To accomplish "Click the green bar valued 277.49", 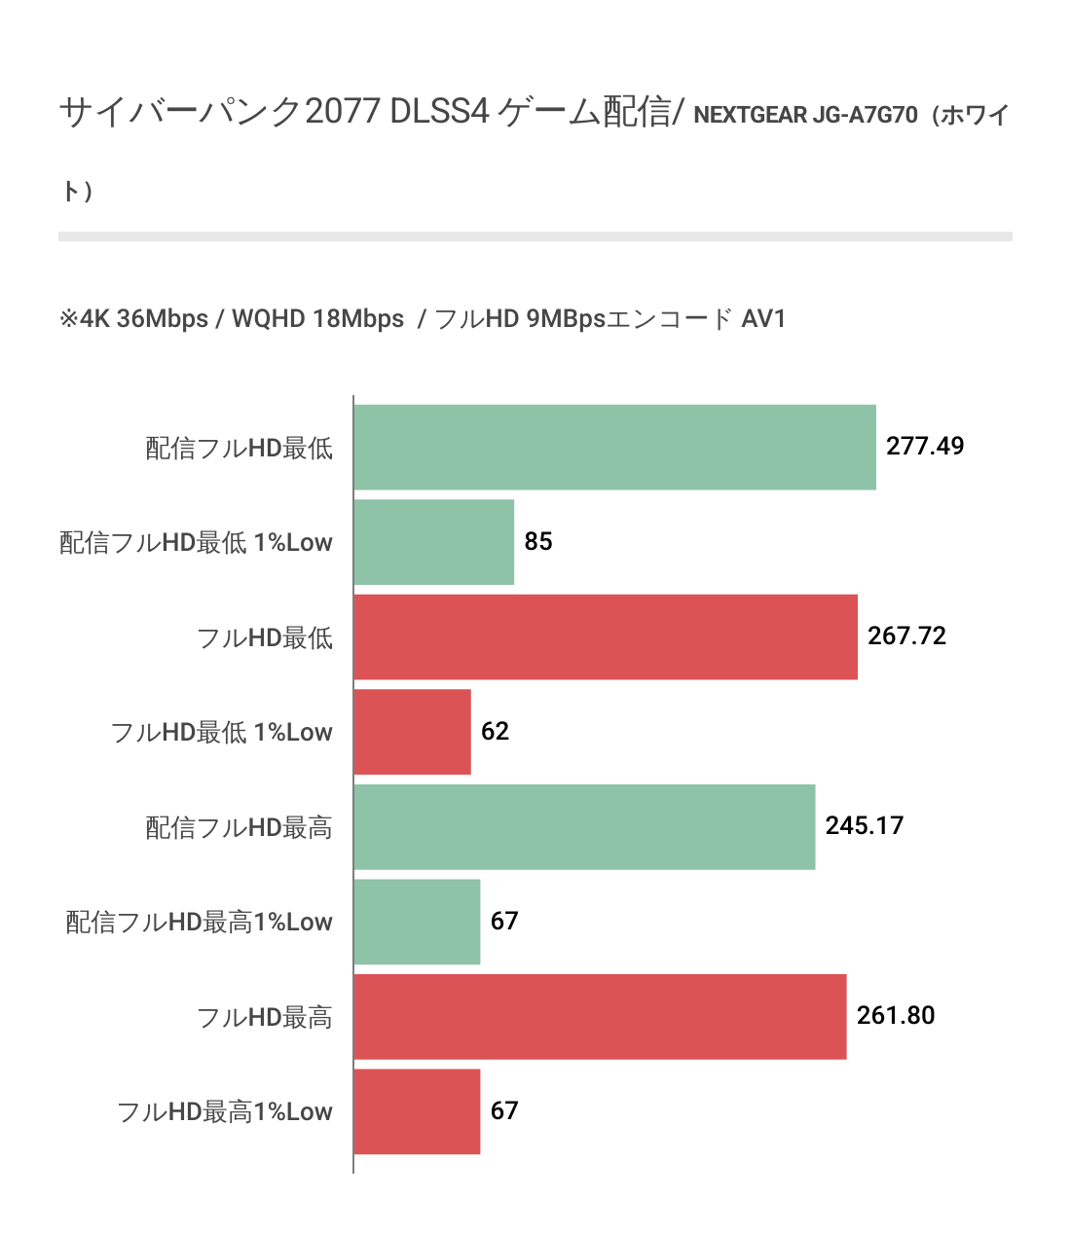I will (x=614, y=448).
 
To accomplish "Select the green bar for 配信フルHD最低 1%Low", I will (x=433, y=542).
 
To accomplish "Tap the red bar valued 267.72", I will (x=606, y=637).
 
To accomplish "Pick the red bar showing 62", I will (x=412, y=732).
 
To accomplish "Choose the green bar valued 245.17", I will (x=584, y=827).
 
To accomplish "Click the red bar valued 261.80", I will (x=600, y=1017).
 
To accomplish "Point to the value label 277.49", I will (x=924, y=447).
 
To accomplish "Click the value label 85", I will (x=537, y=541).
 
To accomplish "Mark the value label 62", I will (x=495, y=731).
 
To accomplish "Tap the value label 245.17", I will (x=864, y=826).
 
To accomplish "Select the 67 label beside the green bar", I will (x=503, y=921).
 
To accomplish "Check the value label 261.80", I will (x=895, y=1016).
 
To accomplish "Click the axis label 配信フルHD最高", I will (x=239, y=827).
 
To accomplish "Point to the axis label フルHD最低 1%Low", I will (x=221, y=732).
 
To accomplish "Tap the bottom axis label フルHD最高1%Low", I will (x=224, y=1111).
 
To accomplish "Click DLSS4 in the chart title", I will (x=439, y=112).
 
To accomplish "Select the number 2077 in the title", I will (x=342, y=112).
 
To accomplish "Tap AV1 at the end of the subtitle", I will (x=762, y=319).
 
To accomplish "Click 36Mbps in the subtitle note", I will (x=162, y=319).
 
